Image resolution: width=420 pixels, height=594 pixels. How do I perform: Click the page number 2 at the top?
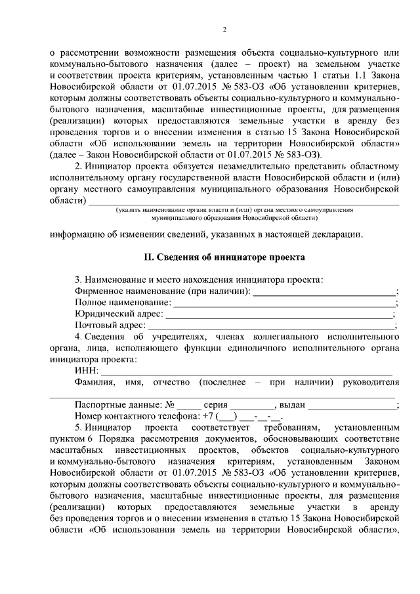tap(224, 29)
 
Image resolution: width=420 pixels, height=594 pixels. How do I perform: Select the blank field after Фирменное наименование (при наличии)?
tap(324, 291)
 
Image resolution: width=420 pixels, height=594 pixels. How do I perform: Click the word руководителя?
tap(371, 383)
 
